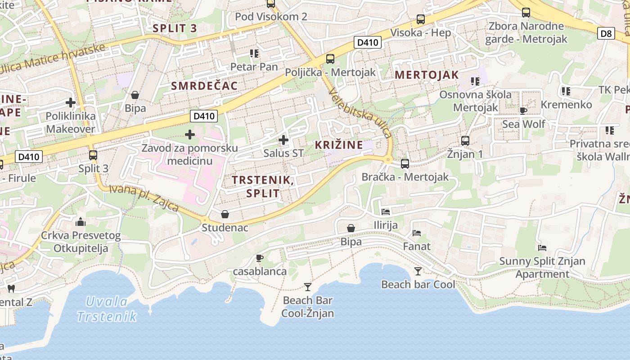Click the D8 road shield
coord(607,33)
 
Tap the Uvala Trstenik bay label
coord(107,309)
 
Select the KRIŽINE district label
coord(339,145)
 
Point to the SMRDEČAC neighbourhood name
coord(204,86)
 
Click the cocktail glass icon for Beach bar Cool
coord(418,271)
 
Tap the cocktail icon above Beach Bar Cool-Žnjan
coord(308,287)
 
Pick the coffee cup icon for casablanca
coord(260,258)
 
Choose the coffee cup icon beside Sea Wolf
coord(523,111)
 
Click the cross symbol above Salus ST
coord(283,140)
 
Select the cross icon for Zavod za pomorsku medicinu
coord(190,134)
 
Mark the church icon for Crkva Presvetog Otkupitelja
coord(81,221)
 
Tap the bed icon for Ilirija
coord(386,211)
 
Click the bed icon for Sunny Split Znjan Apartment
coord(542,247)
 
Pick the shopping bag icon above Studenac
coord(225,214)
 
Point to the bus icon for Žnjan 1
coord(465,141)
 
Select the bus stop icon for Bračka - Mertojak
coord(405,164)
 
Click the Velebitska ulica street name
coord(360,112)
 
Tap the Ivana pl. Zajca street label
coord(144,198)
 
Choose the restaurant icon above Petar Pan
coord(254,54)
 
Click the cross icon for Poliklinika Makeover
coord(71,103)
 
